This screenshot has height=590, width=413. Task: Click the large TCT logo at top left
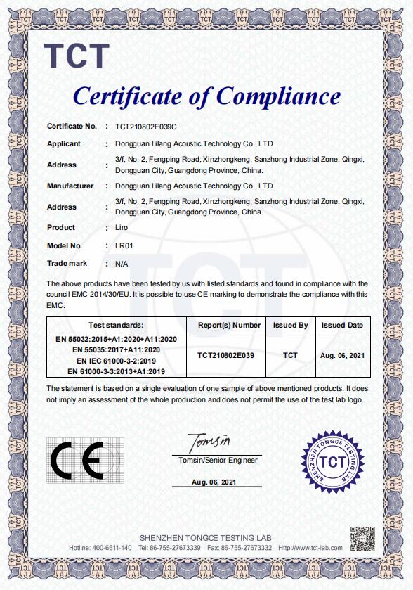[77, 56]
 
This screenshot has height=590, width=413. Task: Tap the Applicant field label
[64, 143]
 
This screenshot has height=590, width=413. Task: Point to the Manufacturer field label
[70, 186]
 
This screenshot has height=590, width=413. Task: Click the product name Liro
[122, 228]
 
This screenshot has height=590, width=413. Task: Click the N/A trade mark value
[122, 264]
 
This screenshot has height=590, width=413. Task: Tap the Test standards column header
[116, 326]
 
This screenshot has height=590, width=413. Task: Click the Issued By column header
[290, 326]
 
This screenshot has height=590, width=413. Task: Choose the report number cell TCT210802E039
[226, 356]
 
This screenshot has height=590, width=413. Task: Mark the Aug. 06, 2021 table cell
[342, 356]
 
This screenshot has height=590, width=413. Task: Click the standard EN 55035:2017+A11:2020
[116, 349]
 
